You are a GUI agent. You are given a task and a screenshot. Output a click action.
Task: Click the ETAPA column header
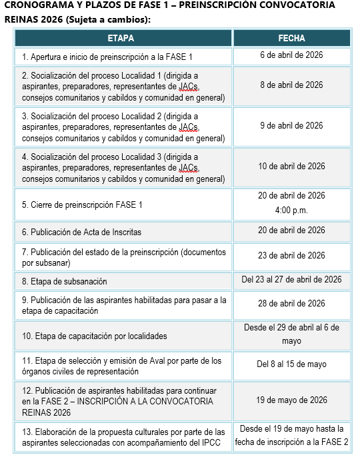click(123, 39)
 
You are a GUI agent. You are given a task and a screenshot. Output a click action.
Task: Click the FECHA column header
click(291, 39)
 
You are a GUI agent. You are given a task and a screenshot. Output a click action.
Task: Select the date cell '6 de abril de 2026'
click(291, 55)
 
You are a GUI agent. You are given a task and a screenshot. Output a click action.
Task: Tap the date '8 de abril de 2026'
click(291, 85)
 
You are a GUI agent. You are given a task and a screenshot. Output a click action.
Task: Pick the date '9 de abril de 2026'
click(291, 125)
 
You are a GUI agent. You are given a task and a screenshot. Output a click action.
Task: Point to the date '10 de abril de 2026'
click(291, 166)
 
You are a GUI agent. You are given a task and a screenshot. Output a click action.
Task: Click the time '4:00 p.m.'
click(291, 211)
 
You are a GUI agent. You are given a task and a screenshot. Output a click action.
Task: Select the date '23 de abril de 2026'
click(291, 256)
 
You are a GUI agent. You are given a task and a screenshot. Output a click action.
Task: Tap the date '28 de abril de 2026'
click(291, 303)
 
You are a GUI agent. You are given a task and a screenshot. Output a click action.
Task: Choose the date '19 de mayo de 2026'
click(291, 400)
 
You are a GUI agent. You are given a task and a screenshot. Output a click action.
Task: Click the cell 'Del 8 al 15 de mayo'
click(291, 364)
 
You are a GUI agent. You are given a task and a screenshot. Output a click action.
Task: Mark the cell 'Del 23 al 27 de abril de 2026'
click(291, 279)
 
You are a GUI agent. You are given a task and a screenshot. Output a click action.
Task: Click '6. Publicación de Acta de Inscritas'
click(81, 232)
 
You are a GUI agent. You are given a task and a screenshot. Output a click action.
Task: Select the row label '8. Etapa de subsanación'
click(64, 281)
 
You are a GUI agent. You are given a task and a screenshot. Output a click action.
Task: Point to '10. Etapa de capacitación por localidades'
click(94, 336)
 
